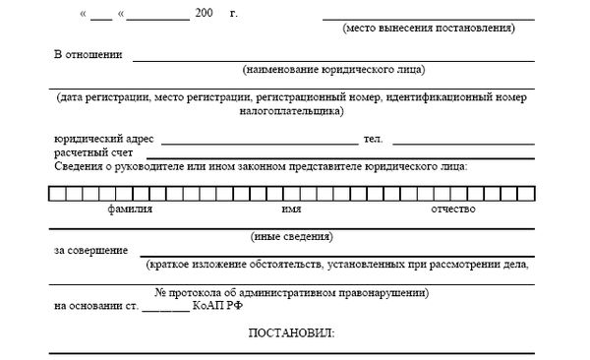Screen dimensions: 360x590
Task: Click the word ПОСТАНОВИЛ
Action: pos(292,333)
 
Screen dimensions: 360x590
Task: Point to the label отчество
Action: pos(453,210)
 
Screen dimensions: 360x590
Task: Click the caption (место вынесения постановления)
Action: pos(428,30)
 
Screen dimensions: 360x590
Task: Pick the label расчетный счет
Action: pos(91,154)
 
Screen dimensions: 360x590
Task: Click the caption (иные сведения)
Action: pos(293,237)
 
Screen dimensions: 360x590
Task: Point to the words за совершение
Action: pos(90,251)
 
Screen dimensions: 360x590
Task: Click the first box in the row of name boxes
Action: pos(56,192)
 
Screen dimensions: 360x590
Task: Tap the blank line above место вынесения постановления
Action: pos(428,19)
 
